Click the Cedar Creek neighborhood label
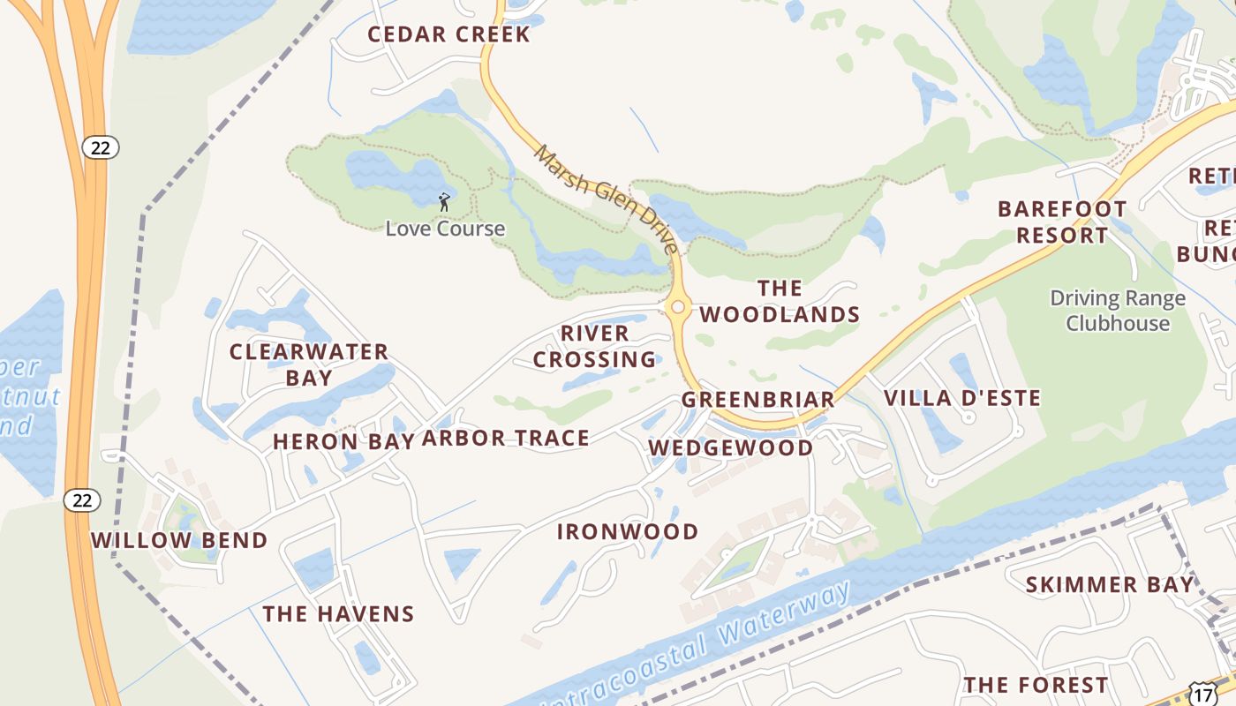448,34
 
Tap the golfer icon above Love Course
444,202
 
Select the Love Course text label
445,229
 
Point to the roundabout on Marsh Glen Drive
678,307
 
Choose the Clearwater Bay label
309,364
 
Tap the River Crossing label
595,346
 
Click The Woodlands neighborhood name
780,301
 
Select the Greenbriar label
757,400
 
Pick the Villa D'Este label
962,398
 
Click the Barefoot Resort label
1062,222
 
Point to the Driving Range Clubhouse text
1117,311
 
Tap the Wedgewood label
731,447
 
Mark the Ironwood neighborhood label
628,531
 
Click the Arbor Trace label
505,438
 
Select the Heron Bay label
343,441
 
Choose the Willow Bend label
179,540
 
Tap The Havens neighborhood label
338,613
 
